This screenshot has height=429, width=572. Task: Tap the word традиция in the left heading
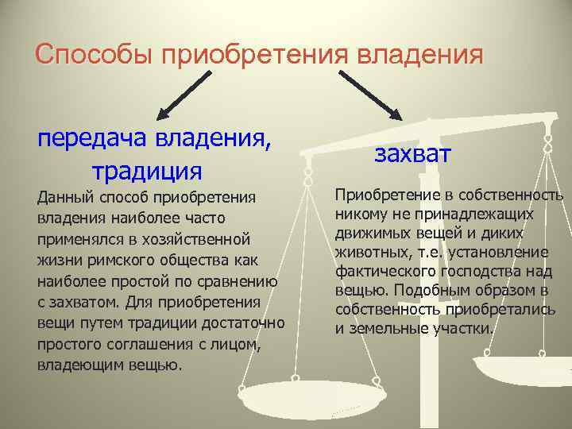tap(147, 170)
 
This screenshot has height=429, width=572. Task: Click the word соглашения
tap(149, 345)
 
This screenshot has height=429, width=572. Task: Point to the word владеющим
tap(77, 365)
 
